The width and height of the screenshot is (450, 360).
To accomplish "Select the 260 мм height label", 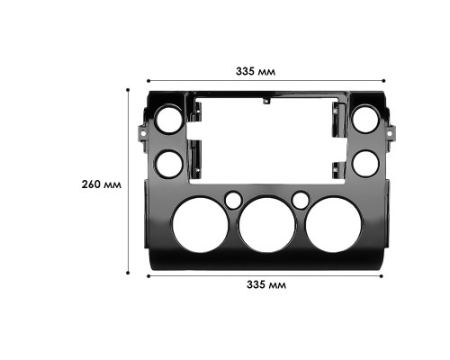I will (x=101, y=184).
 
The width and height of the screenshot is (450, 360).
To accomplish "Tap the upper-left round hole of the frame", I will (x=167, y=120).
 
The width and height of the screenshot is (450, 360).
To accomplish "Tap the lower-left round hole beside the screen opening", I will (x=167, y=163).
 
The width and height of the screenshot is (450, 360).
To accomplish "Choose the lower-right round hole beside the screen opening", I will (x=364, y=163).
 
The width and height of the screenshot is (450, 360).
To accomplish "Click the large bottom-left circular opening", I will (x=199, y=225).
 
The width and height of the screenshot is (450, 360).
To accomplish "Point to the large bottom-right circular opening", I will (x=333, y=225).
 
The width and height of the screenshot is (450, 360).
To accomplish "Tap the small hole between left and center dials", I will (x=233, y=199).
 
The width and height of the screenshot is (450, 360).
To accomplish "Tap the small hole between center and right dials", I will (x=301, y=199).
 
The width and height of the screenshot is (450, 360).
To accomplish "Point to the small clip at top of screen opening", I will (x=265, y=102).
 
